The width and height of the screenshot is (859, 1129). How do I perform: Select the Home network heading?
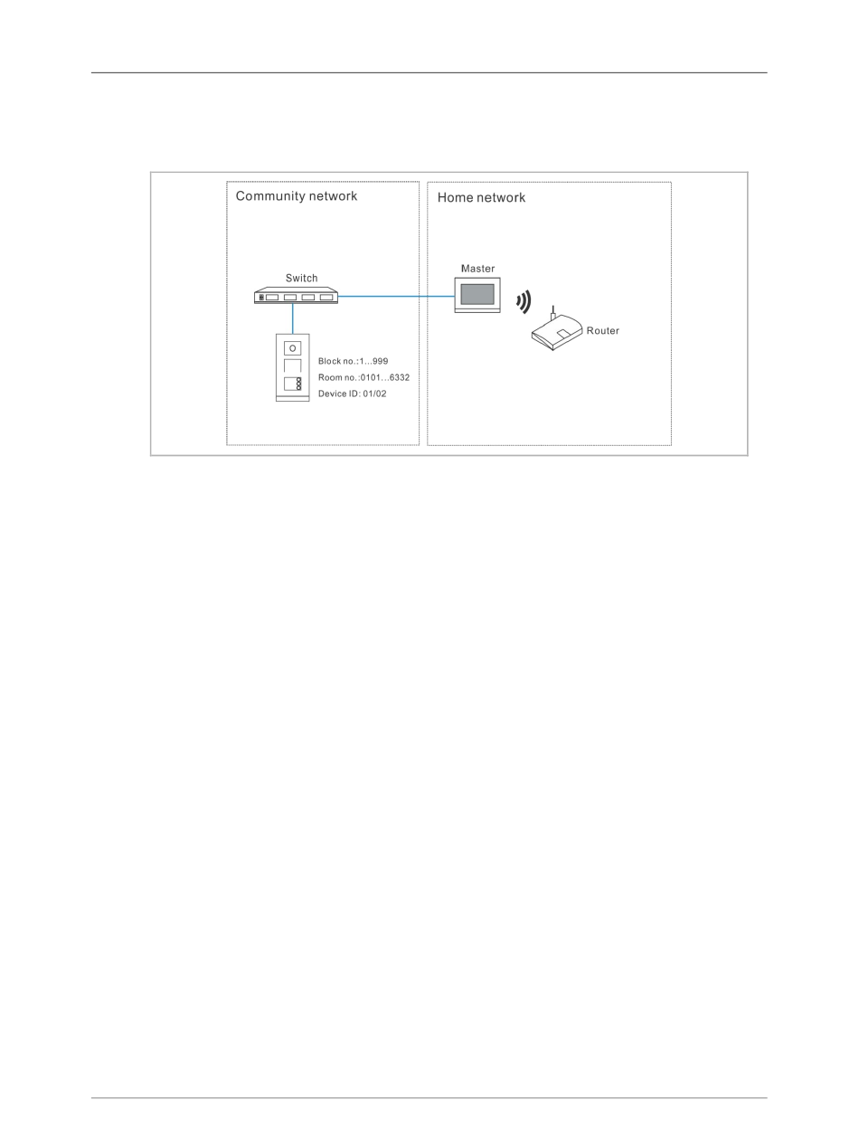481,197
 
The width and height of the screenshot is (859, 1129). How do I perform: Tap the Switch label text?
302,279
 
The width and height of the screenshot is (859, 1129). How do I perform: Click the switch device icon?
296,296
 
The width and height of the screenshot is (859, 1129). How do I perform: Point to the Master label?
478,269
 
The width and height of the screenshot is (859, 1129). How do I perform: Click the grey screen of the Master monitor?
477,293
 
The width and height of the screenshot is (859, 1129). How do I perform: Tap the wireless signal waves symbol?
522,301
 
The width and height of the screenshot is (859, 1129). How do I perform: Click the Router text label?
602,331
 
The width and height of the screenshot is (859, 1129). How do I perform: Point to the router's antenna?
552,313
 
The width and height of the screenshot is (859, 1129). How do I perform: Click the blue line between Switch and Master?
396,295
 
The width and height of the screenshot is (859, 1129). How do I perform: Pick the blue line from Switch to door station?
293,318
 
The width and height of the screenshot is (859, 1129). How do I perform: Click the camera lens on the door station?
292,347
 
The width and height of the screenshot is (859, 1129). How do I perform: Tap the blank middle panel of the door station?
292,365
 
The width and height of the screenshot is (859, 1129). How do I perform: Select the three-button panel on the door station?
292,384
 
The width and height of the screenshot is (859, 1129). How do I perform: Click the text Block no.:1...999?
353,361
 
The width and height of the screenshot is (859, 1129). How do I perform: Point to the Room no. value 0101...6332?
385,377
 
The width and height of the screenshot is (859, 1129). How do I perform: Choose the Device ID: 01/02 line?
352,394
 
